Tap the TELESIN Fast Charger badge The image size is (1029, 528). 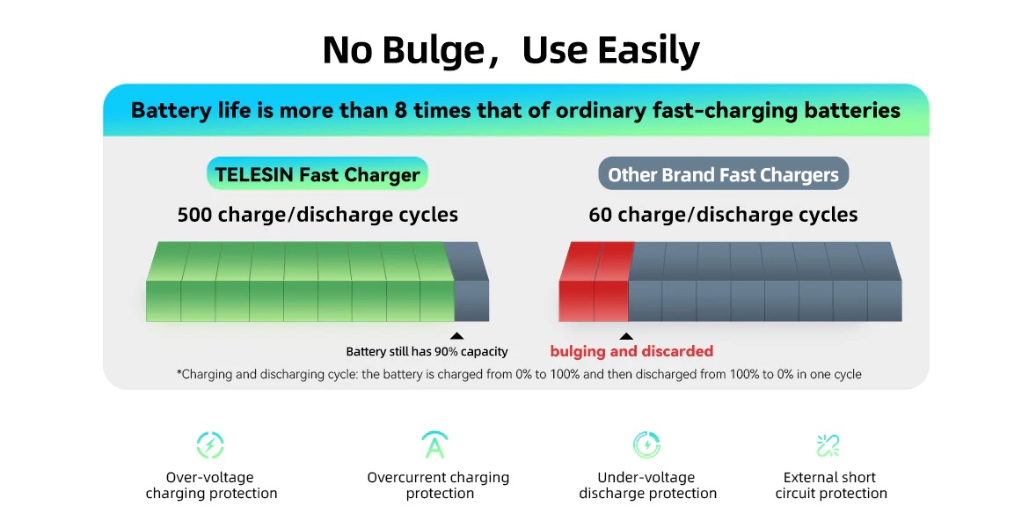pyautogui.click(x=317, y=174)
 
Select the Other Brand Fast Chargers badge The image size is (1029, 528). pyautogui.click(x=723, y=174)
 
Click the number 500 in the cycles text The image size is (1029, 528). pyautogui.click(x=194, y=215)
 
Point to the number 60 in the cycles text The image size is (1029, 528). pyautogui.click(x=601, y=215)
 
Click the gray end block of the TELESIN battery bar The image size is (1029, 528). pyautogui.click(x=470, y=282)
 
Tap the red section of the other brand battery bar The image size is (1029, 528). pyautogui.click(x=595, y=282)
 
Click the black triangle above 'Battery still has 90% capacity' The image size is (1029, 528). pyautogui.click(x=456, y=336)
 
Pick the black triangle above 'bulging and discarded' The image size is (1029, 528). pyautogui.click(x=627, y=336)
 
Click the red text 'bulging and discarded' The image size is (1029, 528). pyautogui.click(x=631, y=351)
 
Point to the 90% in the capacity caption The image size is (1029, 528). pyautogui.click(x=446, y=351)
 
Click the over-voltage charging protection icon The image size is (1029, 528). pyautogui.click(x=211, y=445)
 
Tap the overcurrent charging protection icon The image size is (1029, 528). pyautogui.click(x=435, y=444)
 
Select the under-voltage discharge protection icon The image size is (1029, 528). pyautogui.click(x=647, y=444)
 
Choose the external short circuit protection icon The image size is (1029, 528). pyautogui.click(x=828, y=445)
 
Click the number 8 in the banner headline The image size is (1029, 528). pyautogui.click(x=401, y=110)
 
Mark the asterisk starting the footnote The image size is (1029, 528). pyautogui.click(x=179, y=372)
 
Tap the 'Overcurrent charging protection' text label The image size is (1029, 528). pyautogui.click(x=438, y=485)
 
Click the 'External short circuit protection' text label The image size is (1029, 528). pyautogui.click(x=831, y=485)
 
